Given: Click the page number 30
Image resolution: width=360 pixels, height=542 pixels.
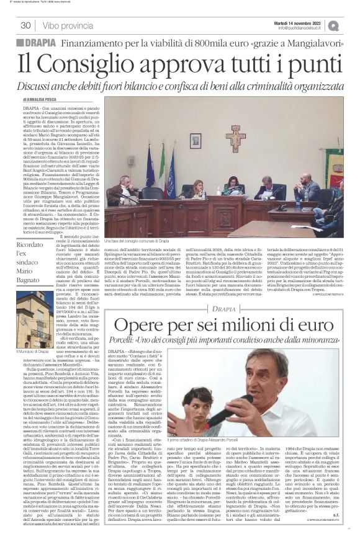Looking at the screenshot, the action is coord(26,25).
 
